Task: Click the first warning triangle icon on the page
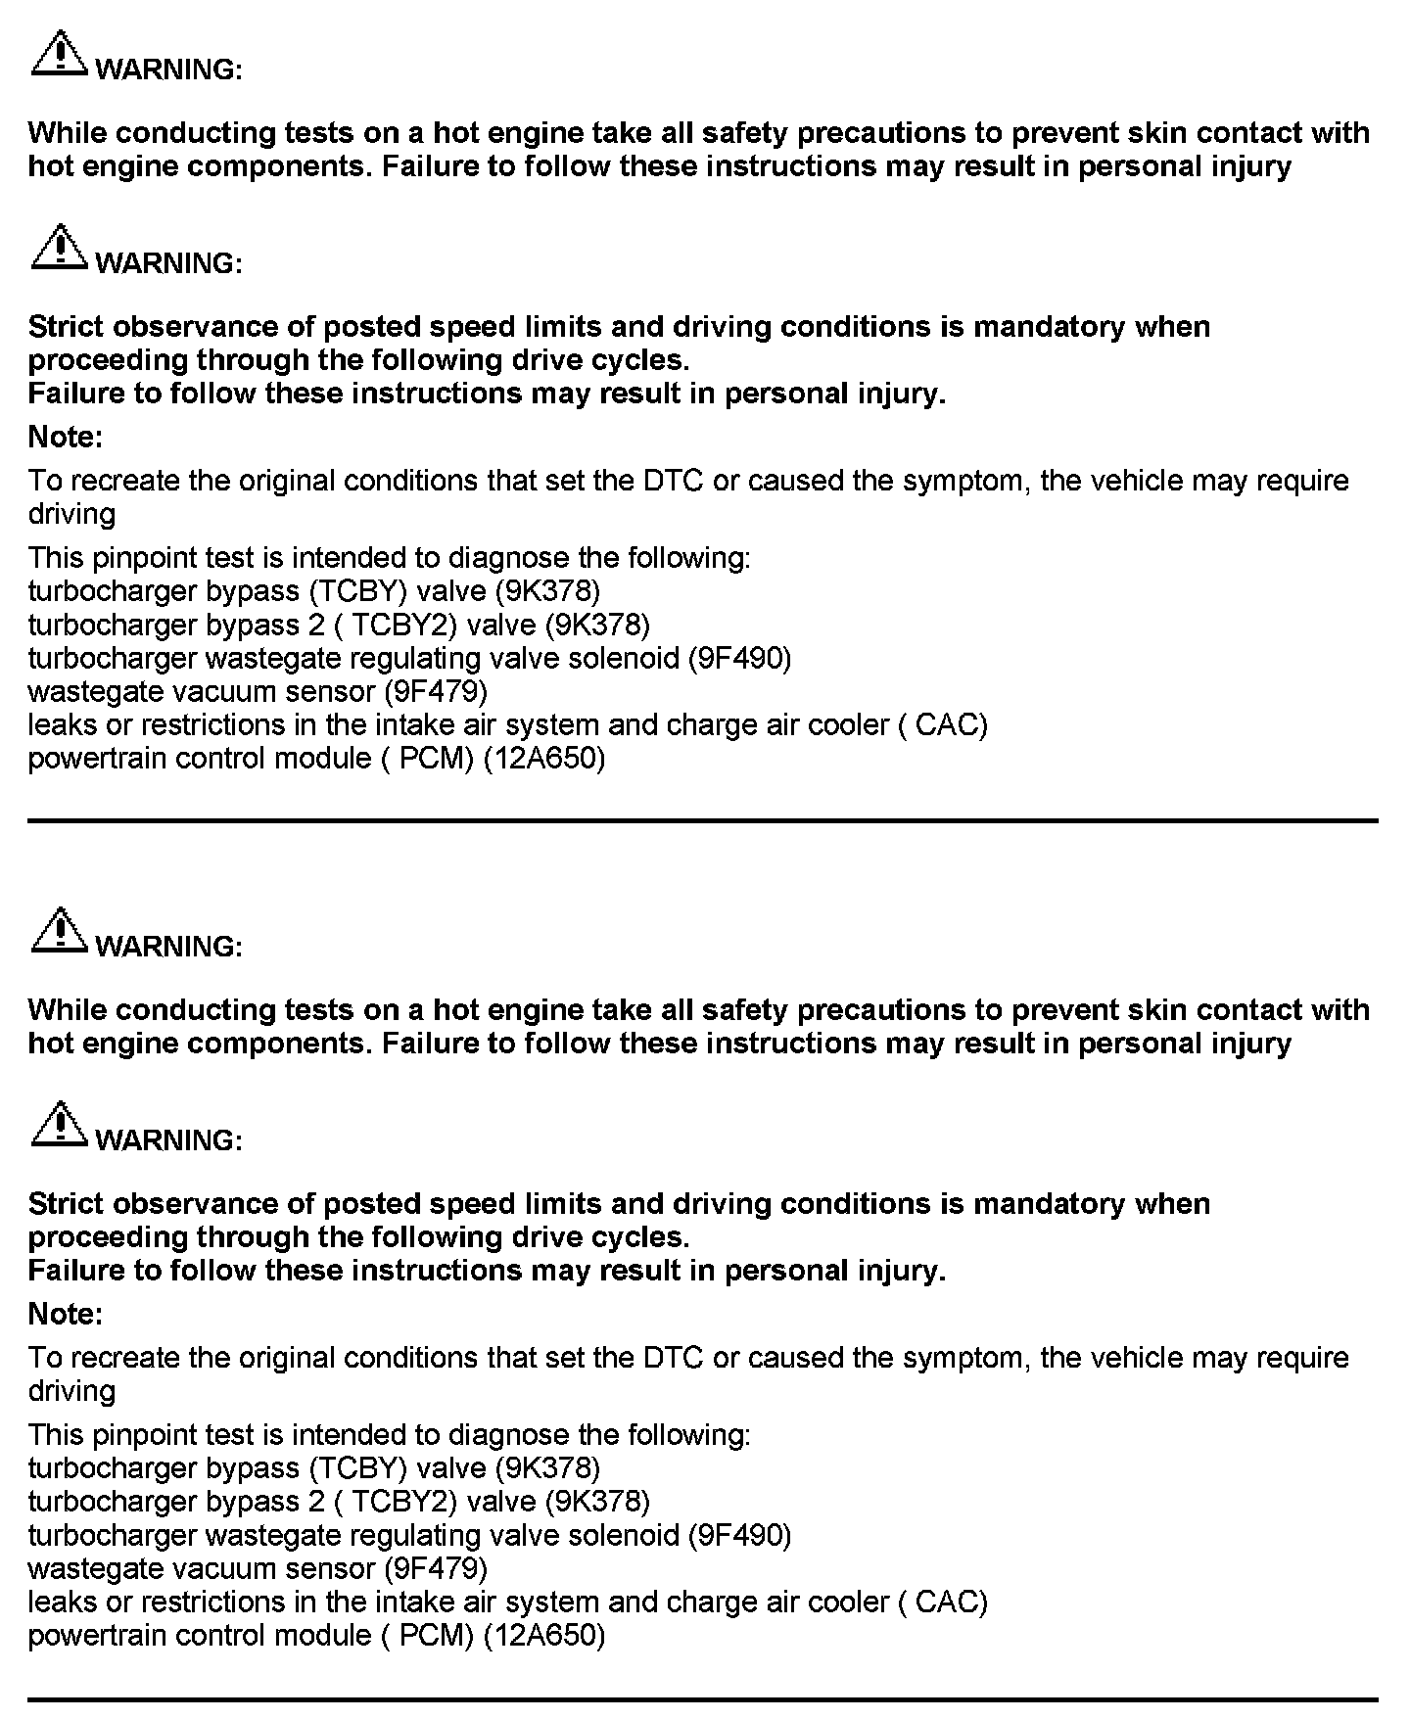point(60,55)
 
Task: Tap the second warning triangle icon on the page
point(60,249)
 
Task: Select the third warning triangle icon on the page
point(60,932)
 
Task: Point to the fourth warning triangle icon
point(60,1126)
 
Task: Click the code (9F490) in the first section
point(740,658)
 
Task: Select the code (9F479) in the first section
point(436,691)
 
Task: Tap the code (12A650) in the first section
point(545,759)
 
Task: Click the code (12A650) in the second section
point(545,1636)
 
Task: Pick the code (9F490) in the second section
point(740,1535)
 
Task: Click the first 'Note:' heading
point(66,437)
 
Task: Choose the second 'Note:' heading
point(66,1314)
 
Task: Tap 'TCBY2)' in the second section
point(403,1502)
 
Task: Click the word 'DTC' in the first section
point(674,481)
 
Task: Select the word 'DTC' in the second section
point(674,1358)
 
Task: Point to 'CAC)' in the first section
point(952,725)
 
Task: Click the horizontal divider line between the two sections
point(703,820)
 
